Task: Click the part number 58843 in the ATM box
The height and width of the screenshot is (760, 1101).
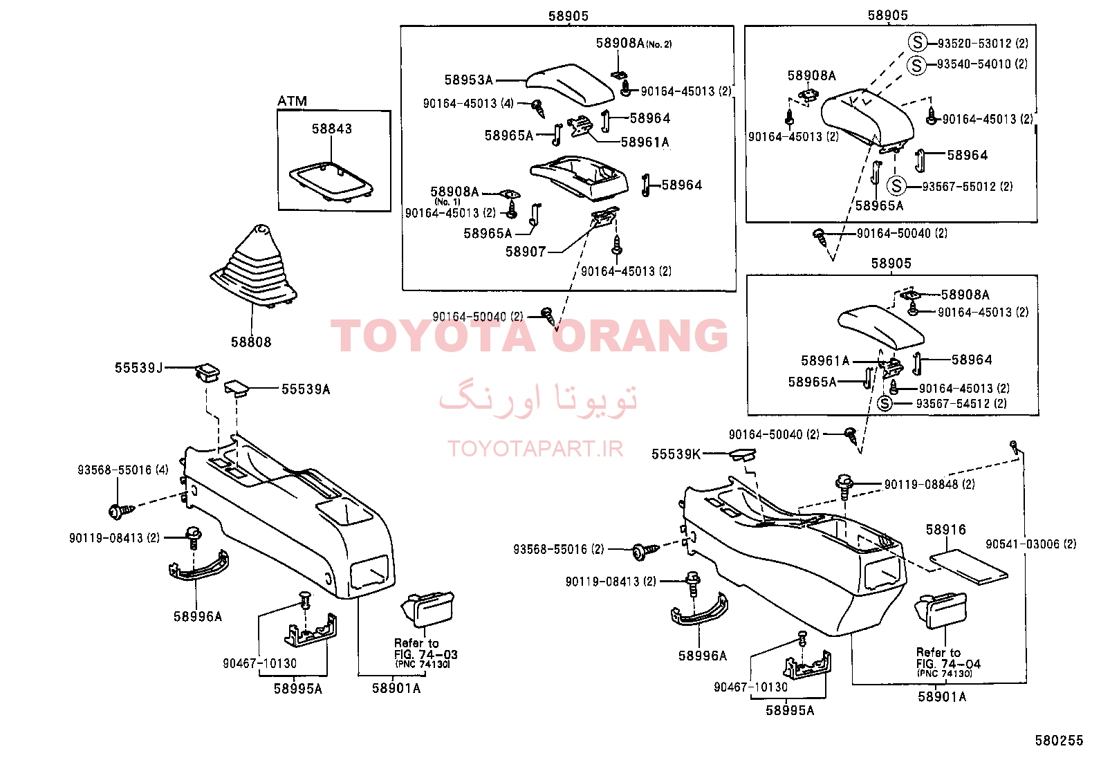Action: click(332, 129)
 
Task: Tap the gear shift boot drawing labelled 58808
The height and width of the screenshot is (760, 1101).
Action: click(254, 266)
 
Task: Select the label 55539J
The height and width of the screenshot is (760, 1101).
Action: click(138, 368)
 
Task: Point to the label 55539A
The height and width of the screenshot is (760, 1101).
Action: click(306, 389)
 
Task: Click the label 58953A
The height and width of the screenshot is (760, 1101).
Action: click(468, 80)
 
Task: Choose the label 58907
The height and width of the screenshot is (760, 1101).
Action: click(526, 252)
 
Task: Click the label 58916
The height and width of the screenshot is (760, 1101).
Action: click(945, 530)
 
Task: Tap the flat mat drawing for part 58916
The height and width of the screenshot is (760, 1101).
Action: click(969, 567)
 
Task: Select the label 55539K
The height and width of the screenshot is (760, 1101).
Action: click(676, 454)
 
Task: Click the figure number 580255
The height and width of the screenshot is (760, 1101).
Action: click(1060, 741)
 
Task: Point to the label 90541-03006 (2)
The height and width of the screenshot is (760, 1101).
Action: click(1030, 544)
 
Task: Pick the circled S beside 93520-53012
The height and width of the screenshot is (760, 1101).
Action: click(917, 42)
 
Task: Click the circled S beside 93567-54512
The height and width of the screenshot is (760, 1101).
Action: click(885, 404)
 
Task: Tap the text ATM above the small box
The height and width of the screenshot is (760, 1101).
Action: click(292, 101)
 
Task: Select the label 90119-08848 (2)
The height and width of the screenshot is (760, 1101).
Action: click(929, 485)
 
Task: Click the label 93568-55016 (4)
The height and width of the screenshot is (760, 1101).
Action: click(123, 470)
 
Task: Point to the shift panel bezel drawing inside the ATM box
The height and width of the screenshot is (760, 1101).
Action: click(331, 181)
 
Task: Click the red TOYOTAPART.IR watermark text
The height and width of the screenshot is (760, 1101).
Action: click(535, 449)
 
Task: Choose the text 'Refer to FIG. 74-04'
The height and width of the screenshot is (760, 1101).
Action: click(948, 658)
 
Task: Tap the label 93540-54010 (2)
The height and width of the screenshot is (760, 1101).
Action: click(982, 64)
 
